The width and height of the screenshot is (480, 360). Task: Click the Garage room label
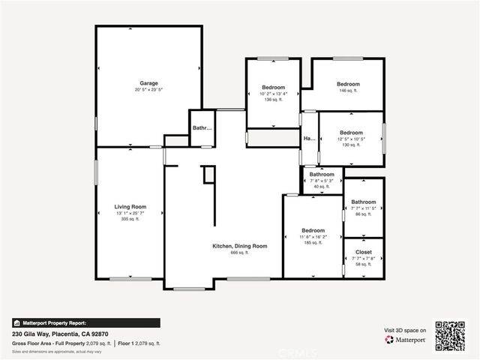coord(148,82)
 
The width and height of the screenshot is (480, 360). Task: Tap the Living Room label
coord(130,206)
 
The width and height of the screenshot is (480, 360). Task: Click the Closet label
coord(364,252)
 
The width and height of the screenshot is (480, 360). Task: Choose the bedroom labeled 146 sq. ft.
coord(348,83)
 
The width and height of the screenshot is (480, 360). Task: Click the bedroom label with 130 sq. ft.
coord(351,132)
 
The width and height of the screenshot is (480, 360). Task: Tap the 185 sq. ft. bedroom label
coord(313,230)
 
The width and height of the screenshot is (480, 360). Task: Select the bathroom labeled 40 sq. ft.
coord(322,174)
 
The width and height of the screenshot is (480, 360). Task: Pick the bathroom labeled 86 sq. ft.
coord(364,202)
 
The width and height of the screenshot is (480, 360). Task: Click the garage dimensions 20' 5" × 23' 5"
coord(148,89)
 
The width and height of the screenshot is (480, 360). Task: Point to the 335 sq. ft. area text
coord(130,219)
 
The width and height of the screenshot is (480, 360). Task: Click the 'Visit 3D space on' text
coord(405,330)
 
